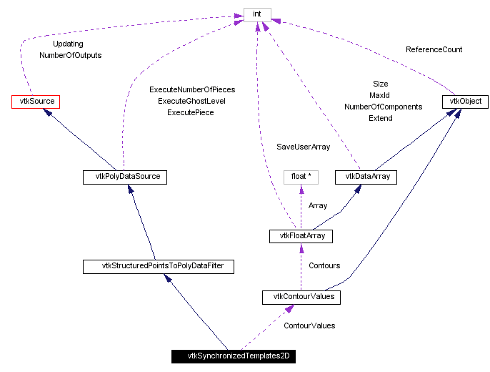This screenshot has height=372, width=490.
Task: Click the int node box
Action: pos(257,14)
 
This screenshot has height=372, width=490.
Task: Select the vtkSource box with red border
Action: pos(35,102)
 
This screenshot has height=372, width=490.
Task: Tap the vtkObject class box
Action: pos(464,102)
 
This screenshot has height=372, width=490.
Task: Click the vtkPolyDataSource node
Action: pos(125,176)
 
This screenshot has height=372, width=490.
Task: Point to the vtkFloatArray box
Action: pos(301,235)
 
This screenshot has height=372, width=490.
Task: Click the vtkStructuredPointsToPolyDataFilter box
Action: pos(158,266)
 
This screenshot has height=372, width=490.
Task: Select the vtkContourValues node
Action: pos(301,296)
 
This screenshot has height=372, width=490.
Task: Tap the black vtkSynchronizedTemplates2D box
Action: pos(234,356)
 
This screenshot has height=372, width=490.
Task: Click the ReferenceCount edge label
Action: pos(434,50)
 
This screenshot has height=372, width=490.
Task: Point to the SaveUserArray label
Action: pos(304,147)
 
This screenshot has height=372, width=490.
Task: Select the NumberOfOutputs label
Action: pos(70,55)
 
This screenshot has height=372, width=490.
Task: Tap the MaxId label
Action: pos(379,95)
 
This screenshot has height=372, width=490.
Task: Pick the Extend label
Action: pos(380,118)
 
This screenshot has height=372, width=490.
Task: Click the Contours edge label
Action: pos(324,266)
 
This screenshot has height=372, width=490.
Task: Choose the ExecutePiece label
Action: pos(191,113)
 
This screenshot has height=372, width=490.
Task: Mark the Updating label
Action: pos(68,44)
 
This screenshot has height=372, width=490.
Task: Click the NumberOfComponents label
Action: pos(383,107)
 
